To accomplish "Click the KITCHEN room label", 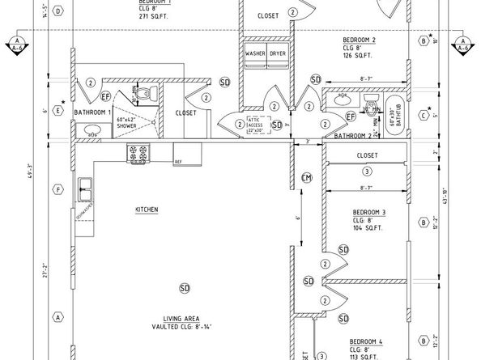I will click(147, 210).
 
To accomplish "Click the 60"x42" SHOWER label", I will click(126, 124).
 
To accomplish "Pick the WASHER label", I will click(256, 53).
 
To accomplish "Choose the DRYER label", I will click(278, 53).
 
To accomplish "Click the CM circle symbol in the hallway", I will click(306, 177).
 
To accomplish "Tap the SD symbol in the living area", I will click(185, 287).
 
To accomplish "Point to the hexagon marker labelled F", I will click(57, 190).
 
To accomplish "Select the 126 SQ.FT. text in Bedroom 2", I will click(357, 56).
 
